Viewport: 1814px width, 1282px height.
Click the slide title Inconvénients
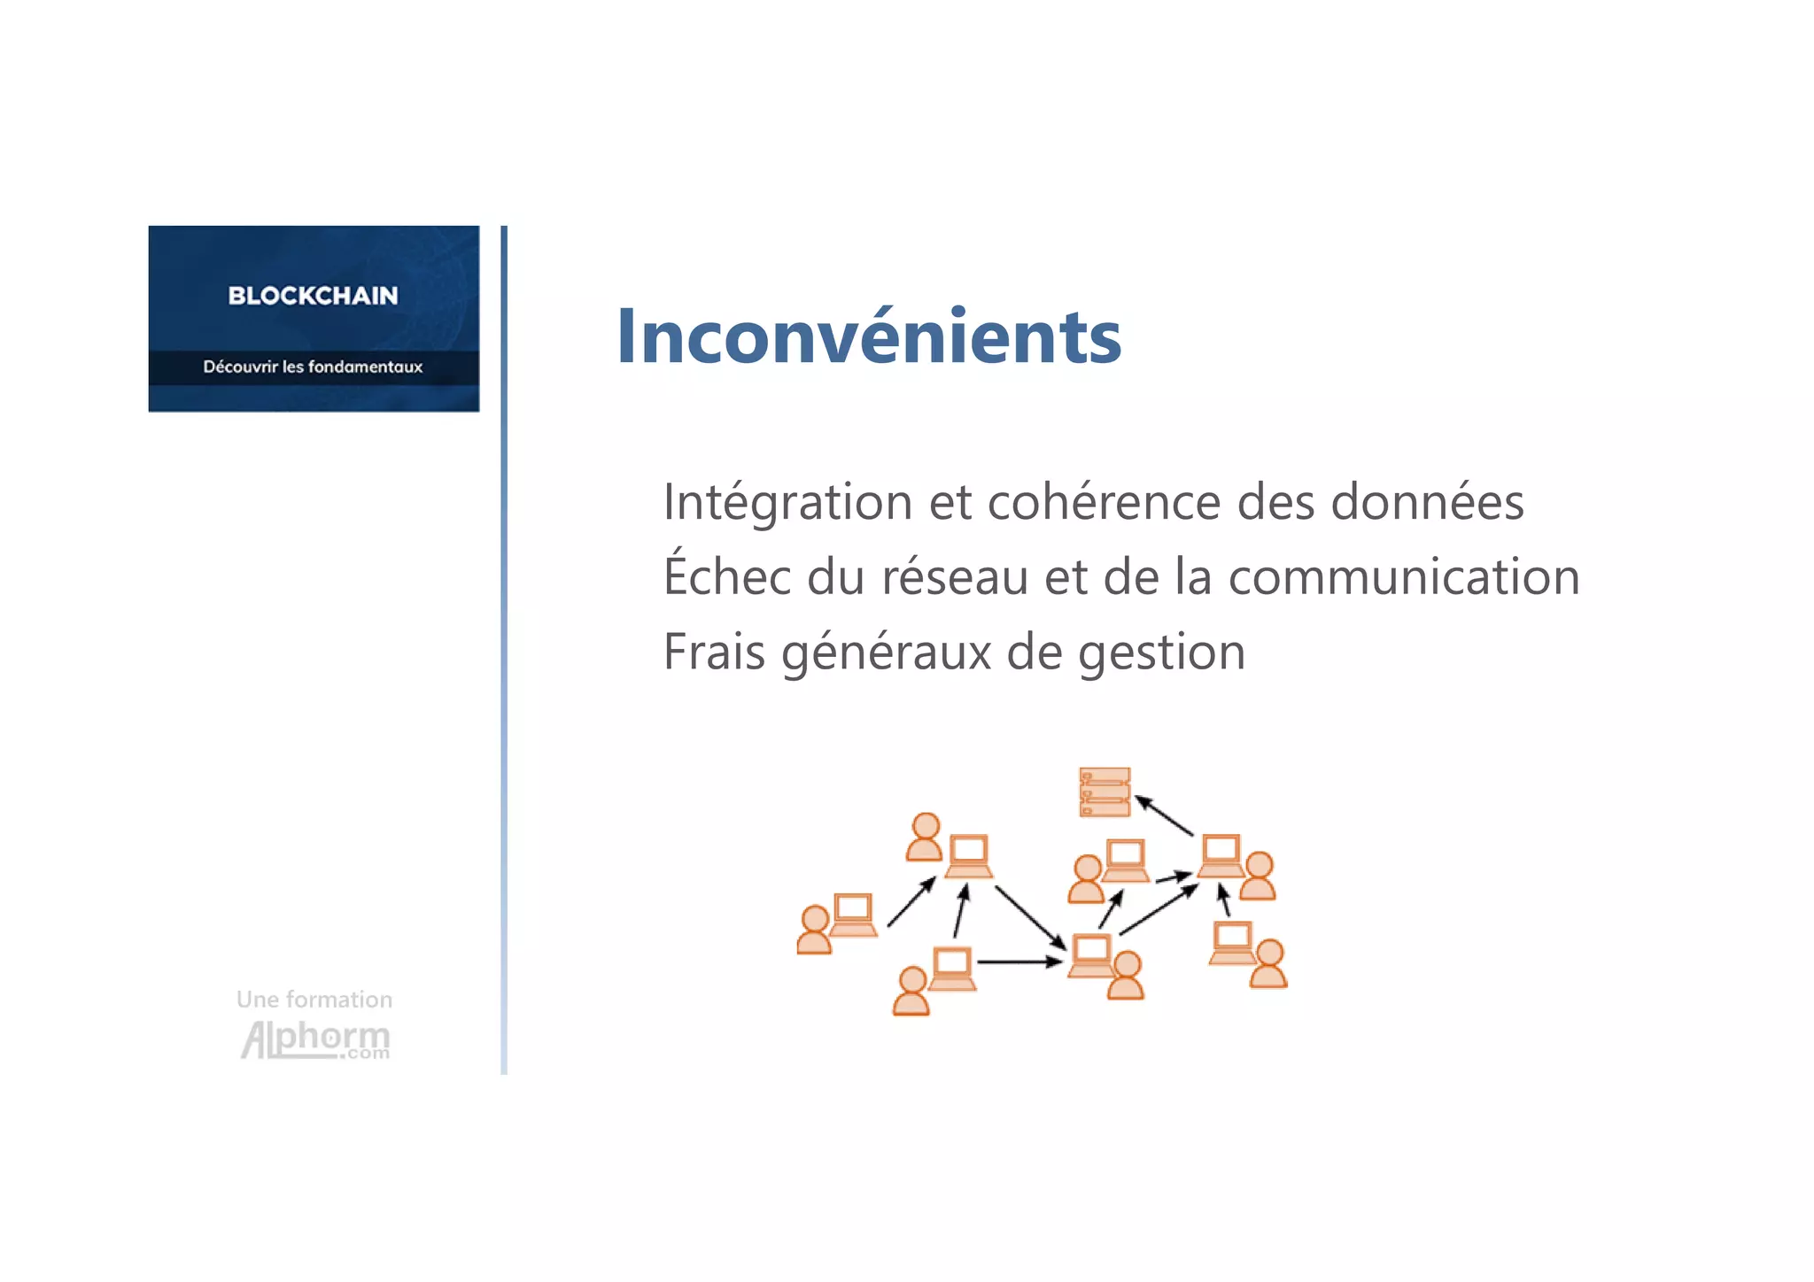pyautogui.click(x=868, y=336)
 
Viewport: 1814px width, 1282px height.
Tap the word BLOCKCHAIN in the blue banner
pyautogui.click(x=313, y=296)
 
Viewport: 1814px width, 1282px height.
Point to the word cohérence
pyautogui.click(x=1104, y=502)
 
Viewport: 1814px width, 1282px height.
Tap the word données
pyautogui.click(x=1427, y=502)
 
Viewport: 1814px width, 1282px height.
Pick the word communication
pyautogui.click(x=1404, y=577)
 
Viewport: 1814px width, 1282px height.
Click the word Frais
pyautogui.click(x=714, y=653)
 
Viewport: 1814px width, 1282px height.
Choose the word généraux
pyautogui.click(x=886, y=653)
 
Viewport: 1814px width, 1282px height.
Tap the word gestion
pyautogui.click(x=1161, y=653)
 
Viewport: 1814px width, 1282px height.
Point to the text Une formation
pyautogui.click(x=314, y=1000)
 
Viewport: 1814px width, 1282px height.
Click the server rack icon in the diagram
pyautogui.click(x=1105, y=792)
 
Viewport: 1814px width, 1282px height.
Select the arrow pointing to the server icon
pyautogui.click(x=1164, y=815)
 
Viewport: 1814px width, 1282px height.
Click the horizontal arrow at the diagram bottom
pyautogui.click(x=1019, y=961)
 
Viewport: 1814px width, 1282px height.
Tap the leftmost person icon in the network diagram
pyautogui.click(x=814, y=930)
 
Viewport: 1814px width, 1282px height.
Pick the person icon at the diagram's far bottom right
pyautogui.click(x=1268, y=964)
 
